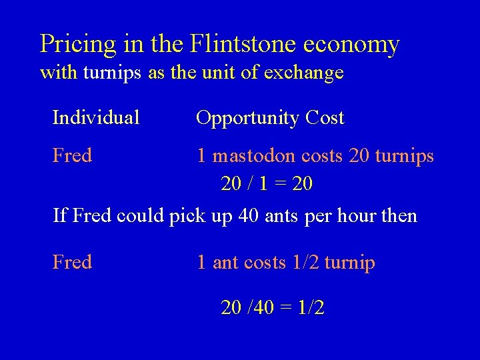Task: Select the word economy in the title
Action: (351, 45)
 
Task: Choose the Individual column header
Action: (96, 118)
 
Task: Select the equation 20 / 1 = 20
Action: (266, 183)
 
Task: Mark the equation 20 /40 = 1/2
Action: (273, 307)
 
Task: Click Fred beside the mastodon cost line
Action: (72, 156)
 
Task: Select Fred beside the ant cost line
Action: (72, 263)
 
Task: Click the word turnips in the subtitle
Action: (111, 72)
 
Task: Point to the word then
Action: (399, 216)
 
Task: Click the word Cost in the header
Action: (325, 118)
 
